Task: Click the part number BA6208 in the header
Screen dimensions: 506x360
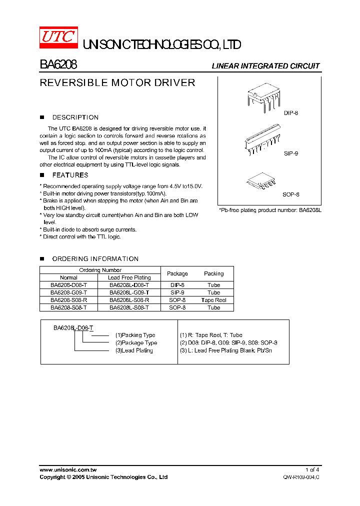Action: pyautogui.click(x=58, y=65)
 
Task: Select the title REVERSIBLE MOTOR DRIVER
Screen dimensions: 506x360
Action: pyautogui.click(x=117, y=83)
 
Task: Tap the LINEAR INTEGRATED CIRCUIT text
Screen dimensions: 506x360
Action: pyautogui.click(x=265, y=66)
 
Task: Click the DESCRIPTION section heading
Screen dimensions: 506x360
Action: pyautogui.click(x=75, y=117)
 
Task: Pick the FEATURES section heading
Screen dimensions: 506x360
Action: pyautogui.click(x=70, y=175)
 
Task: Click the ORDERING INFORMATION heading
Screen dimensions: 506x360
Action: pyautogui.click(x=95, y=259)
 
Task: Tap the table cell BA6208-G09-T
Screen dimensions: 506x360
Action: pyautogui.click(x=68, y=292)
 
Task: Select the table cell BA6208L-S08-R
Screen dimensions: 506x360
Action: pyautogui.click(x=129, y=300)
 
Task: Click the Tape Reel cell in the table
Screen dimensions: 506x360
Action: pyautogui.click(x=213, y=300)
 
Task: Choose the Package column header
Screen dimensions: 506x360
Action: pyautogui.click(x=177, y=273)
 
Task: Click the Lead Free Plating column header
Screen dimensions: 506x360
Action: pyautogui.click(x=129, y=277)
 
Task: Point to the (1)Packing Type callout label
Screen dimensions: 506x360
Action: pyautogui.click(x=135, y=335)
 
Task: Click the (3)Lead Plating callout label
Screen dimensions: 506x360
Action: pyautogui.click(x=133, y=350)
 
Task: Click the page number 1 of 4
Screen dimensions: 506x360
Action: pyautogui.click(x=312, y=469)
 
